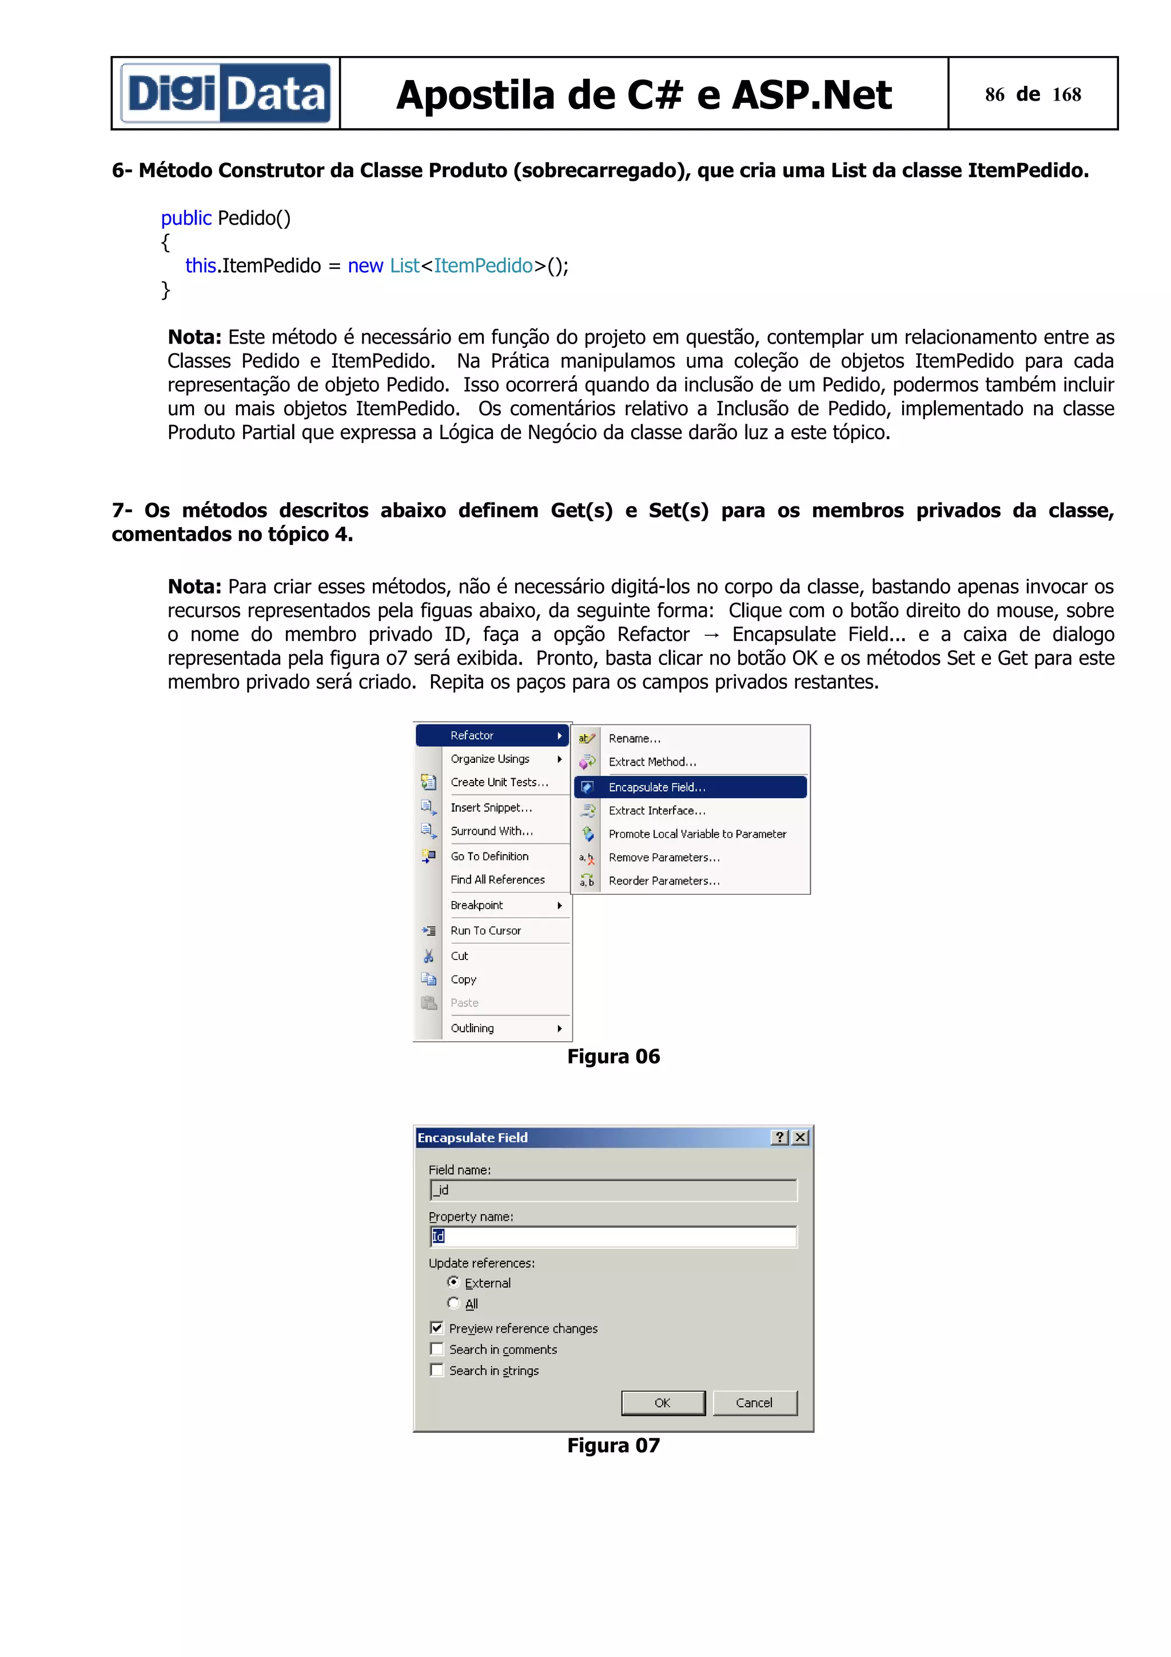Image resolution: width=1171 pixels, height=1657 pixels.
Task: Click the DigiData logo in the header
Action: [225, 93]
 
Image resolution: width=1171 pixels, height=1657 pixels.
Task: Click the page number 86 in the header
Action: [994, 94]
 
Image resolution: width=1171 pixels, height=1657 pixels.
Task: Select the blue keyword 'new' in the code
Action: [365, 265]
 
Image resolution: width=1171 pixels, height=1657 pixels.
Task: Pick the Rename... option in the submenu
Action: [634, 738]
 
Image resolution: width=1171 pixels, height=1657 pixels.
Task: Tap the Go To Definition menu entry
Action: [489, 856]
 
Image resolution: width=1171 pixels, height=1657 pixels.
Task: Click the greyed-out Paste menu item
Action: [465, 1002]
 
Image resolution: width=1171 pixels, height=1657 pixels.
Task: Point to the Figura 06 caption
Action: [614, 1057]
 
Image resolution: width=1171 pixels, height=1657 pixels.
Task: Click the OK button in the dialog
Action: [662, 1402]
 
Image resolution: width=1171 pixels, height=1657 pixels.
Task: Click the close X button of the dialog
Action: [800, 1137]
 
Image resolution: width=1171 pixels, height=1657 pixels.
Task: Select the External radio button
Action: [453, 1282]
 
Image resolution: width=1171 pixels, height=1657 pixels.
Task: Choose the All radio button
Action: [453, 1304]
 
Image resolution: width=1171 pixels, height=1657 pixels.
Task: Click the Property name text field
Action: [614, 1236]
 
